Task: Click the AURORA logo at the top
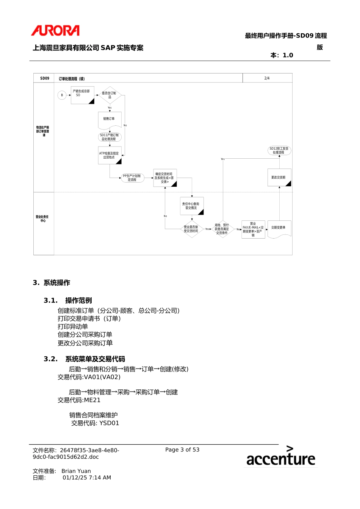55,31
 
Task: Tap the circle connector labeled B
62,95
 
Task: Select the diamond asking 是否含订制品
110,95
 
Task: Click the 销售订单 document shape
110,119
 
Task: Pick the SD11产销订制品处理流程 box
110,137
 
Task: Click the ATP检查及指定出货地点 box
110,155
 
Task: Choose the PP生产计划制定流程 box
132,178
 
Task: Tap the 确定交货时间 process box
165,178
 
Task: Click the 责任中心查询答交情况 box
191,206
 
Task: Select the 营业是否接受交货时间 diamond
191,229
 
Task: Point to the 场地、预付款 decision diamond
222,229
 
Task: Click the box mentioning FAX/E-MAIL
253,230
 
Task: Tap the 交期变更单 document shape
279,229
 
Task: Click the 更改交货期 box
279,178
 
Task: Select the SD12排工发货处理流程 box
279,151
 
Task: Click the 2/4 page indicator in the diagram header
267,78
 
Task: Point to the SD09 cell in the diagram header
45,78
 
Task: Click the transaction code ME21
92,400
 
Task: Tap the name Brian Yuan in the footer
76,471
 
